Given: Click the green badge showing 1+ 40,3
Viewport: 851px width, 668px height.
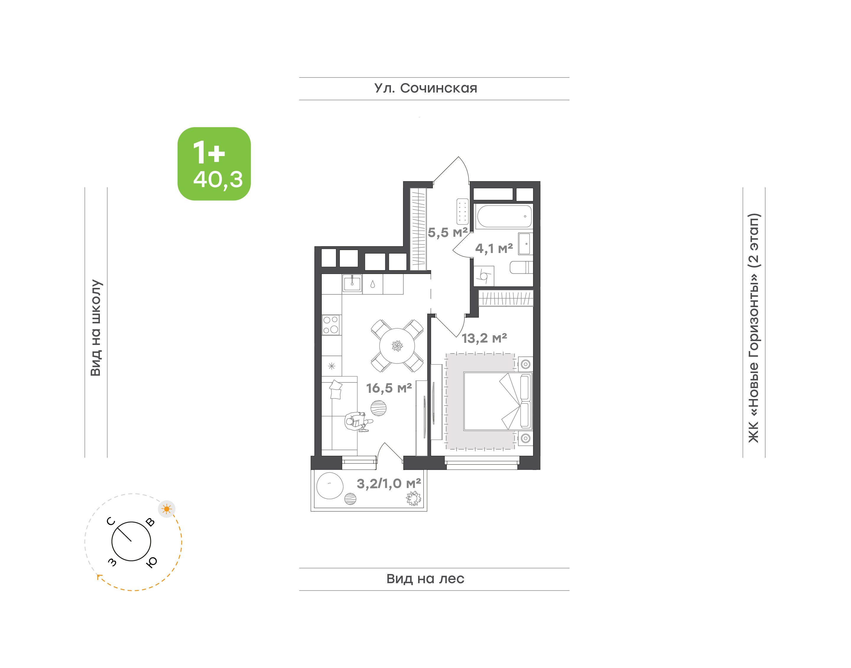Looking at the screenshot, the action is (x=214, y=163).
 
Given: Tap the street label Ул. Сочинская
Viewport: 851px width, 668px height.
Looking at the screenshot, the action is (x=426, y=88).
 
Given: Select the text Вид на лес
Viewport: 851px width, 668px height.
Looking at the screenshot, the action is (x=425, y=578).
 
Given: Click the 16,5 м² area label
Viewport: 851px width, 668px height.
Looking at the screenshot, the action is (x=389, y=388).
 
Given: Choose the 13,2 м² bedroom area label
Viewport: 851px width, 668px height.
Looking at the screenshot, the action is (x=484, y=338).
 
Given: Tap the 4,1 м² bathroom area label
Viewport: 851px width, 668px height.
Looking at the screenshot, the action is (x=494, y=248).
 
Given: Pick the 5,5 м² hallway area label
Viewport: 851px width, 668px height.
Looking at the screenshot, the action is (x=448, y=232).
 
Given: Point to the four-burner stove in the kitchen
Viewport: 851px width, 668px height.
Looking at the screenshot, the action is (x=331, y=325).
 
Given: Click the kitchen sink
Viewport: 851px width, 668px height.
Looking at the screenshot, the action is (x=352, y=283).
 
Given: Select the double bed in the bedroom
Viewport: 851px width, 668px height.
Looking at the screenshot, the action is (x=498, y=402).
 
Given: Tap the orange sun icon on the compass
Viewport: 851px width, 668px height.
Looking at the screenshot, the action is (x=167, y=509).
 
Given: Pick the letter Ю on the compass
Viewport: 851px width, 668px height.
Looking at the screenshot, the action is (x=151, y=562).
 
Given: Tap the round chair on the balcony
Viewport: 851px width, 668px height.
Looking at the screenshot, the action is (x=329, y=485).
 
